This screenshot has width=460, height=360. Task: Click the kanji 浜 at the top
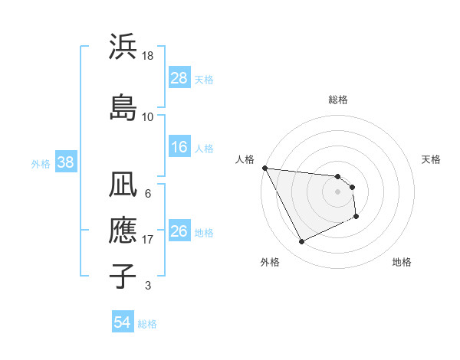tap(123, 48)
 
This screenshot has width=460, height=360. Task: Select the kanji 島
tap(123, 106)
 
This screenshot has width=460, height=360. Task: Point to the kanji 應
tap(123, 231)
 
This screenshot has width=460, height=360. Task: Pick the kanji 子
tap(123, 275)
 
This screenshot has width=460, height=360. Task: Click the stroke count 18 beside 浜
tap(148, 57)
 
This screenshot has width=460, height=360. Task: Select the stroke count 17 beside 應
tap(148, 240)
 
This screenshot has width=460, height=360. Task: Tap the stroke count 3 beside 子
tap(148, 286)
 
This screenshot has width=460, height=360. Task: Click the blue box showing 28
tap(179, 78)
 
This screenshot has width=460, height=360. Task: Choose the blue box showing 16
tap(179, 147)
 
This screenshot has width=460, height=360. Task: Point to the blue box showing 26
tap(179, 231)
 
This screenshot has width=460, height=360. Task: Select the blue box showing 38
tap(65, 162)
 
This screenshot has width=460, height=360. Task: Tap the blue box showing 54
tap(122, 322)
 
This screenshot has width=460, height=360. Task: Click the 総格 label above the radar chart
tap(337, 100)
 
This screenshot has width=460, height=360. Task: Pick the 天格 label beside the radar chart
tap(431, 159)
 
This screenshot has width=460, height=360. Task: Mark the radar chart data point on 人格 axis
tap(264, 168)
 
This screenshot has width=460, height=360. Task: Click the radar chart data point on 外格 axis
tap(301, 242)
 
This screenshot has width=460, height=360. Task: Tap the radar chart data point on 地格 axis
tap(357, 217)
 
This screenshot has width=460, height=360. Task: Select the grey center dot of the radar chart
tap(337, 191)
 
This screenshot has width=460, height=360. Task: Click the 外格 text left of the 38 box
tap(41, 163)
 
